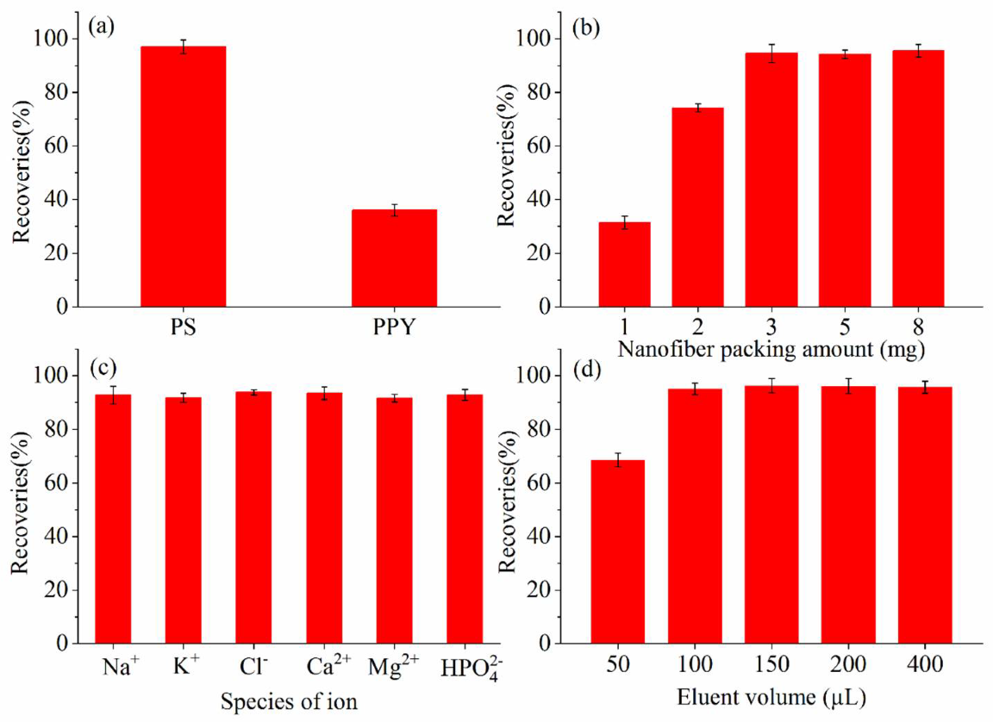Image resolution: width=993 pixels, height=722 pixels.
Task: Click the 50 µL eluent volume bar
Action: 617,551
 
